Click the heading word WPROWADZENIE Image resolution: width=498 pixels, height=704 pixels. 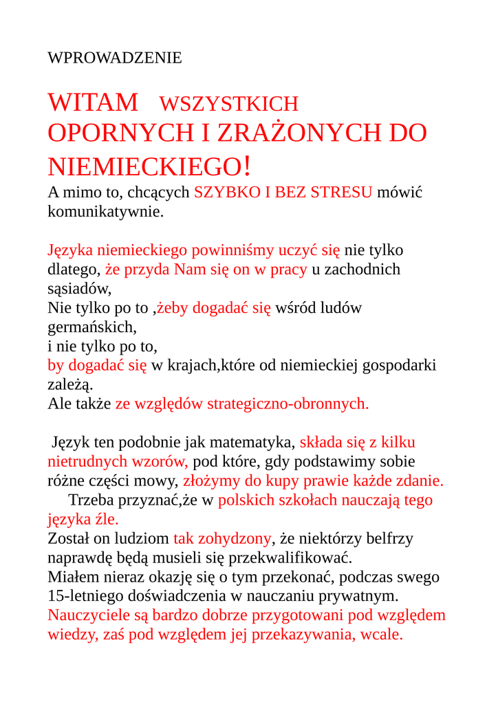coord(115,58)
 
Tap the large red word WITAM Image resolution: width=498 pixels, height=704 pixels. coord(93,103)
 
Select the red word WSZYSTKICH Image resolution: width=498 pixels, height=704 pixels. coord(229,104)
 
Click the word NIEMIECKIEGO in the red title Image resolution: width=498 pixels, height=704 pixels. coord(144,166)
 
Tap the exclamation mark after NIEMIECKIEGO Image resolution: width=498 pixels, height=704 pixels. coord(247,166)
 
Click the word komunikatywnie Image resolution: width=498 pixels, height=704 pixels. coord(105,211)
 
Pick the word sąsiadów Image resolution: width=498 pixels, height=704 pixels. coord(78,289)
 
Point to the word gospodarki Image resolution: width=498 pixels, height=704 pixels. coord(402,365)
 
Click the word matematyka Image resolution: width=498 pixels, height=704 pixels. coord(253,442)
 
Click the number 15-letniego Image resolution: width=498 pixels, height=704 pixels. coord(87,596)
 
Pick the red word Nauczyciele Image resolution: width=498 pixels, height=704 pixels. coord(90,615)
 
